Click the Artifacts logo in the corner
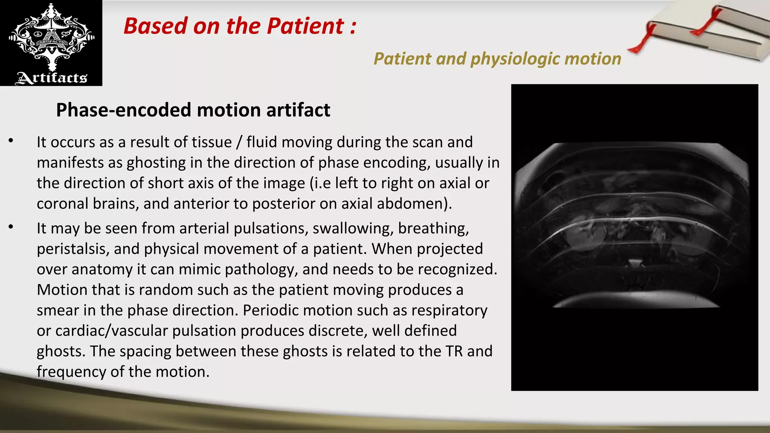51,43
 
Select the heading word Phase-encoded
124,110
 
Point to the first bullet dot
11,141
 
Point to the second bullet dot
11,227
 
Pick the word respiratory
449,310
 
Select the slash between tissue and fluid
239,142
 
